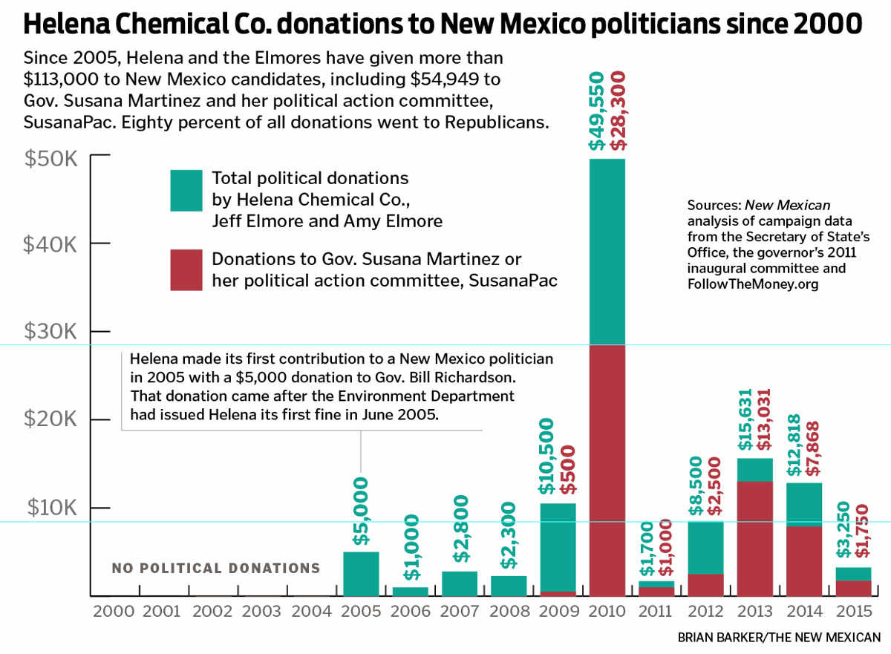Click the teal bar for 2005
point(361,574)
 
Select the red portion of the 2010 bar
point(607,471)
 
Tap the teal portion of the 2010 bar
point(607,252)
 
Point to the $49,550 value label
point(596,111)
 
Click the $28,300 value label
point(618,111)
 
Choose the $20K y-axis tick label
point(50,420)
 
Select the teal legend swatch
point(186,191)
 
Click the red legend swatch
point(186,270)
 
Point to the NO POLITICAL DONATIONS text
point(216,569)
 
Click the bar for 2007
point(460,583)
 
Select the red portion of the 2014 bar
point(804,561)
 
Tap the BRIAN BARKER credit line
point(779,637)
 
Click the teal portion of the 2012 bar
point(705,548)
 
